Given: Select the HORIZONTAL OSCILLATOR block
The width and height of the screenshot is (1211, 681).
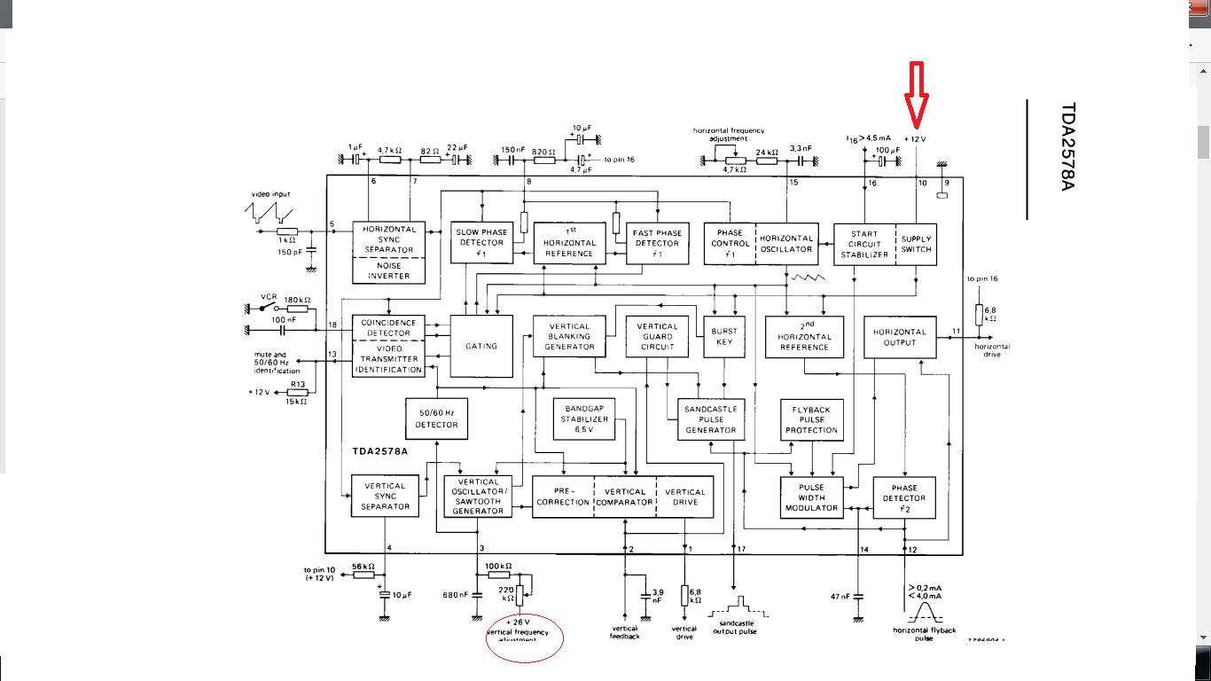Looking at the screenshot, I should pos(786,244).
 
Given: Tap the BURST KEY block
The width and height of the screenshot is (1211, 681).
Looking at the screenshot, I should pos(724,337).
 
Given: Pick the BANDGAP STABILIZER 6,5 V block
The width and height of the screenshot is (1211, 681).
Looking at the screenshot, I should pos(586,419).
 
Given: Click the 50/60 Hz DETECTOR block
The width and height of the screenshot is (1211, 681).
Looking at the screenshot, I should pos(437,419).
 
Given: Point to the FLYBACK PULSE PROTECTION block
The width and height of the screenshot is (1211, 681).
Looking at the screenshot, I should pos(811,419).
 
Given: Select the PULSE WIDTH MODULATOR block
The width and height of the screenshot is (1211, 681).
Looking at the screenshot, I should pos(811,497).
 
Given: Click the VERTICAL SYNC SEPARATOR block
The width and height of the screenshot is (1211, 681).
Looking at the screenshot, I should pos(385,497).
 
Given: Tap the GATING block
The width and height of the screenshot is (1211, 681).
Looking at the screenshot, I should pos(481,346).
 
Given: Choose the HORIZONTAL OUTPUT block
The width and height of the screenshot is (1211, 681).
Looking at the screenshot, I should pos(900,337).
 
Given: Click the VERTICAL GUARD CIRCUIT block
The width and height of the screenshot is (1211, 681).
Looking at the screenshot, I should pos(657,337).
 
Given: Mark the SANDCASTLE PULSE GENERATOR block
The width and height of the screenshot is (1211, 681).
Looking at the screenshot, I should pos(711,419).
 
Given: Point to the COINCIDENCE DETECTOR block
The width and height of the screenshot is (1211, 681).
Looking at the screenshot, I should pos(388,328).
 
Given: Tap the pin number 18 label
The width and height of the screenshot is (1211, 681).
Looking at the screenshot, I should pos(332,325).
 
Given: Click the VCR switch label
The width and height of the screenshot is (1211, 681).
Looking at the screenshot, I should pos(270,297).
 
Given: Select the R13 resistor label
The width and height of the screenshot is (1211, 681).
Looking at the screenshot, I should pos(298,384).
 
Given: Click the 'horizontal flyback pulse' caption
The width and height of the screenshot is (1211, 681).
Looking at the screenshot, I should pos(925,634).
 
